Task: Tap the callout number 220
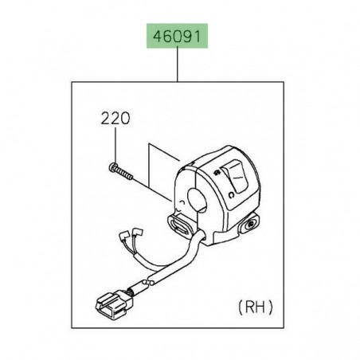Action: click(x=114, y=121)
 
